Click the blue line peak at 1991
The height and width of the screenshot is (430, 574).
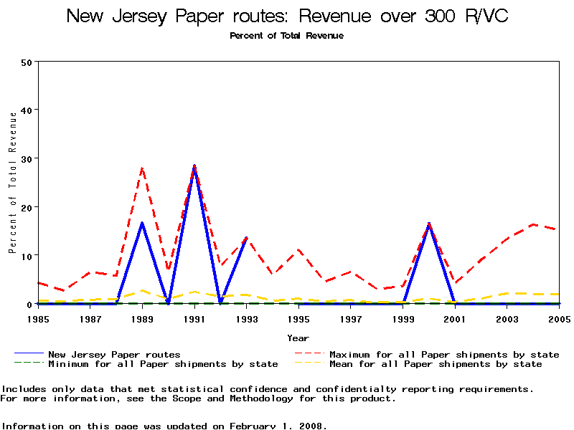point(194,166)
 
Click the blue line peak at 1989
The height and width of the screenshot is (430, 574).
point(142,223)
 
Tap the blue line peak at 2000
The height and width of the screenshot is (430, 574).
point(429,224)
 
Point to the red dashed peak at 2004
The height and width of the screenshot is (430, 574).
point(533,224)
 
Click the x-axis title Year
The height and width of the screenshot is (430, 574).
point(298,338)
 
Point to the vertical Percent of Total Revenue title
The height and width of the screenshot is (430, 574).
point(13,183)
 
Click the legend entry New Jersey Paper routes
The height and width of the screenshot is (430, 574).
point(114,355)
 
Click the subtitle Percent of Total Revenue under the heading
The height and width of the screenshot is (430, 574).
point(287,36)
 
